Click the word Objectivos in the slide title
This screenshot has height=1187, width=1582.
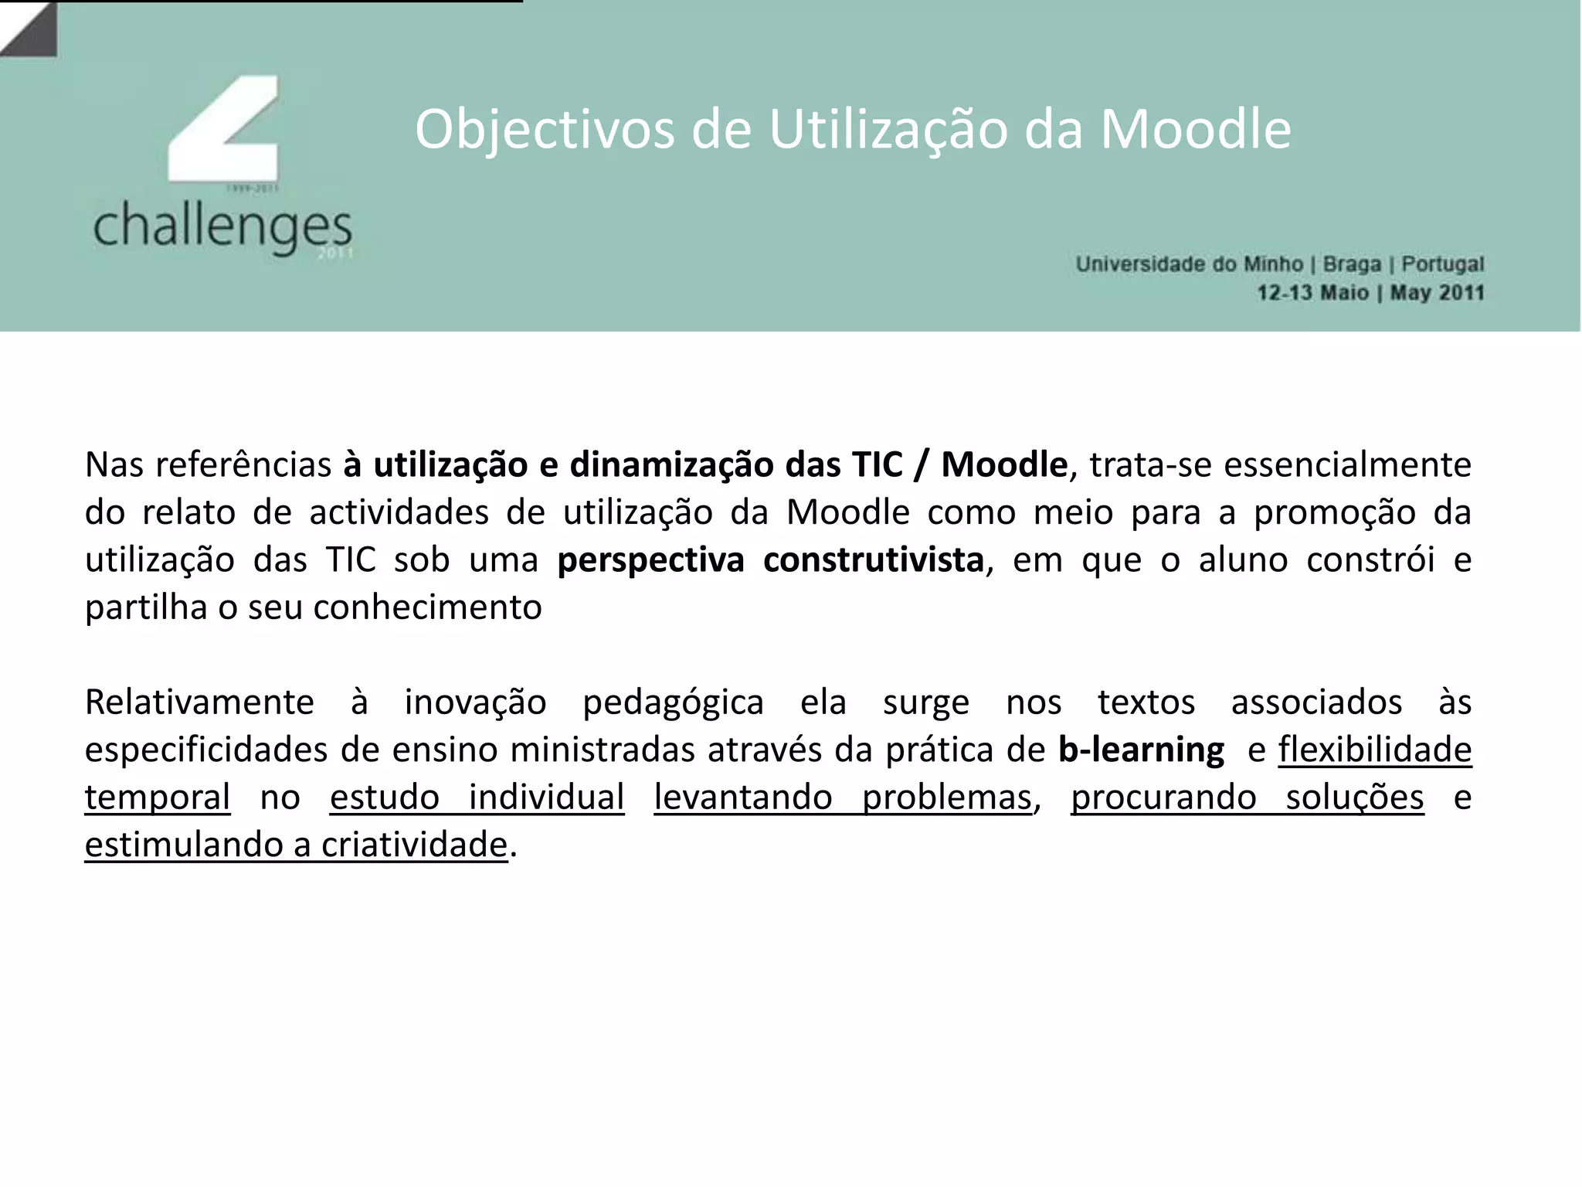[545, 130]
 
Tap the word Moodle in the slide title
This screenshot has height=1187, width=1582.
[1195, 130]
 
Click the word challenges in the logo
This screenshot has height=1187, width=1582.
[222, 226]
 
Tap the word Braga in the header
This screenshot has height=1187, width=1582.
[1352, 264]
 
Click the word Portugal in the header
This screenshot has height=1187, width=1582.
[1443, 264]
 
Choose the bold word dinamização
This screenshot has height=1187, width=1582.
[671, 465]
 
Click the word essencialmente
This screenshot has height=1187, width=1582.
[1347, 465]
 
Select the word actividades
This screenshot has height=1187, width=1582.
[399, 513]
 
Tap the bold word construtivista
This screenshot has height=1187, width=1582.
[873, 560]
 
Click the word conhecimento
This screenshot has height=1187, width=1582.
[427, 608]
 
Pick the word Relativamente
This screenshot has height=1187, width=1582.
[199, 703]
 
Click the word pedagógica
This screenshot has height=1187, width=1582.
[673, 703]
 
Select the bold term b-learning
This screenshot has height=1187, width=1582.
[1141, 750]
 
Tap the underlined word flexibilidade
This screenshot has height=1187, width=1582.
[1375, 750]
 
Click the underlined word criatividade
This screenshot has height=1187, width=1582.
[414, 845]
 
